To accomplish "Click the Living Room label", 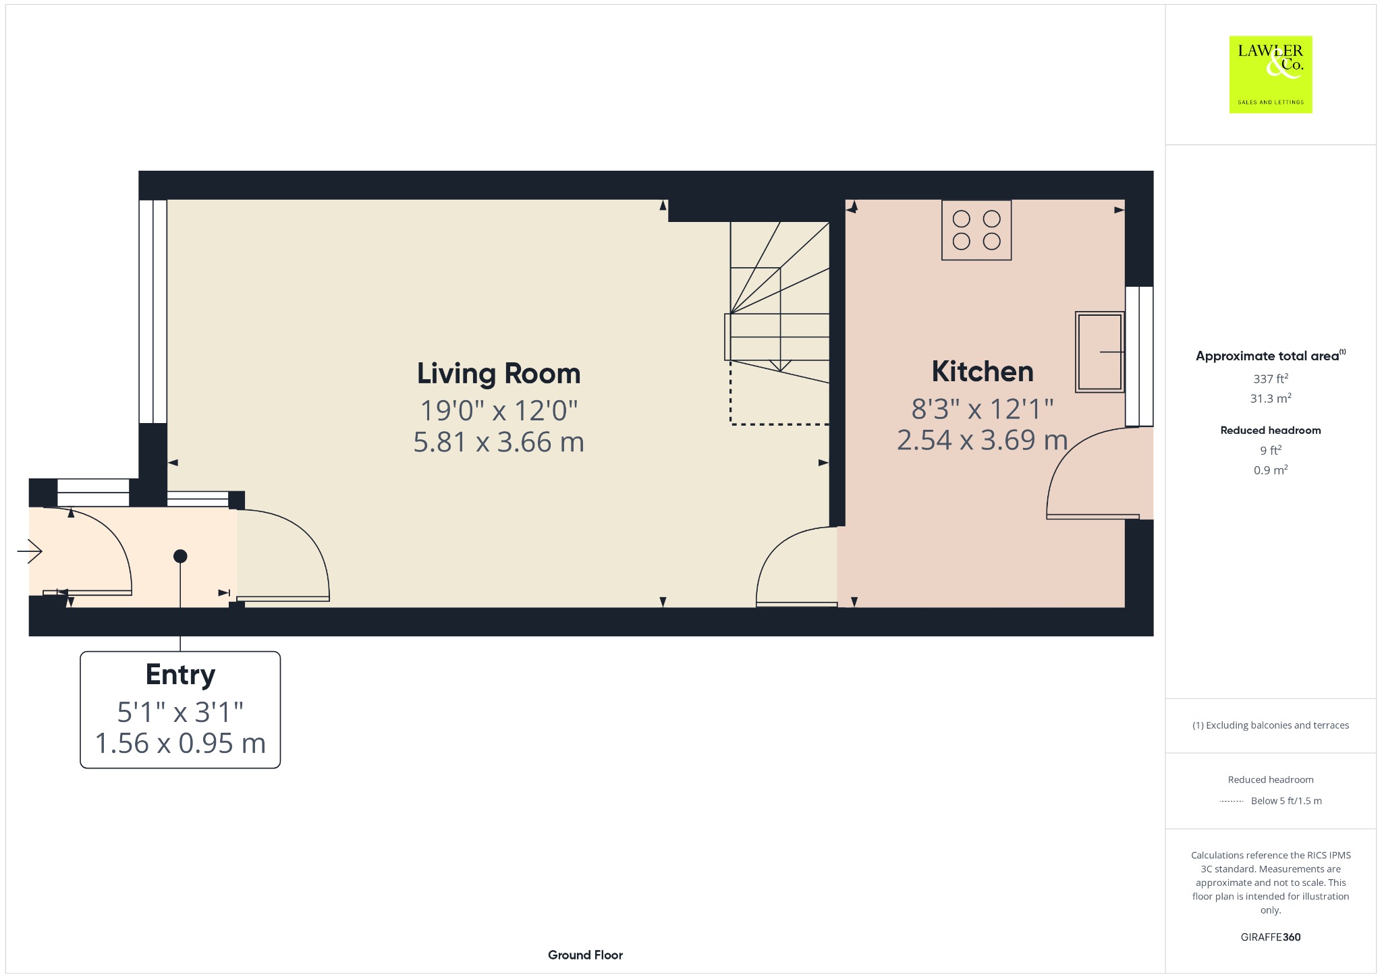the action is tap(499, 374).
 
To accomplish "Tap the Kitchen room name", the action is tap(983, 372).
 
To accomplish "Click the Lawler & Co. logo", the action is tap(1271, 74).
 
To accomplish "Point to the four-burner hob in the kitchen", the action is tap(976, 230).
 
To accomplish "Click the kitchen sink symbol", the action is tap(1100, 352).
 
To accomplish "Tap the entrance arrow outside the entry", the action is tap(30, 551).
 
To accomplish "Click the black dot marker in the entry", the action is tap(180, 557).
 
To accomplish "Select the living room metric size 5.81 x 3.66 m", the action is tap(499, 443).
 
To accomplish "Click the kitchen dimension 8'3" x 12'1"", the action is tap(983, 409).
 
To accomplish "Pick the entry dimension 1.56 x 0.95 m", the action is tap(180, 744).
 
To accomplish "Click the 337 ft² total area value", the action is tap(1271, 379).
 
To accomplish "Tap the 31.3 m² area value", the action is tap(1271, 398).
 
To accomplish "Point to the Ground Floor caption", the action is tap(585, 955).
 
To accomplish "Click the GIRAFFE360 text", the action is tap(1271, 937).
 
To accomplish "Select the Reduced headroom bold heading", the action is tap(1271, 430).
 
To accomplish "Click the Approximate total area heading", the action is tap(1271, 356).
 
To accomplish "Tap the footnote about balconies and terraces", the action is tap(1271, 725).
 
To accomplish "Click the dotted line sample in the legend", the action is tap(1232, 801).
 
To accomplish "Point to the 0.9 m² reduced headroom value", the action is tap(1271, 470).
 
